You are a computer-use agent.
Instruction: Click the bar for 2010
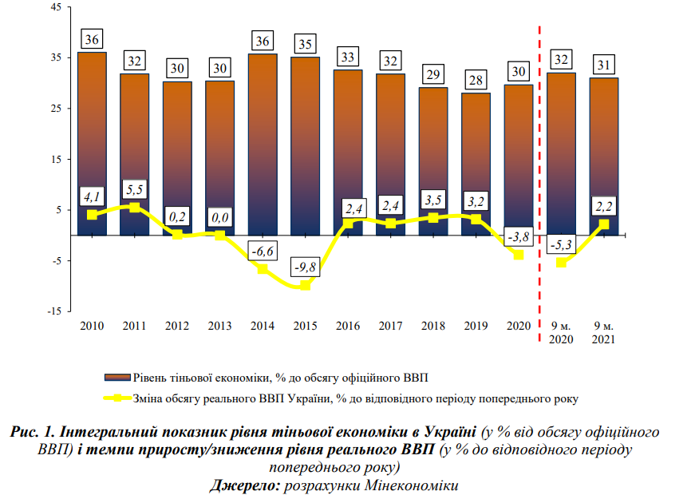pos(93,144)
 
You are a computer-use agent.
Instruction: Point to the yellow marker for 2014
pos(263,269)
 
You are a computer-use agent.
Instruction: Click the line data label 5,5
pos(135,189)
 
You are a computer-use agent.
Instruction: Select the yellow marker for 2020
pos(519,255)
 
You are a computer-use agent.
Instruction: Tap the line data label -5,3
pos(561,244)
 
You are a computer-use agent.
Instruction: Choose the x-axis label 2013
pos(219,326)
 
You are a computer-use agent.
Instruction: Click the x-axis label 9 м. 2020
pos(561,332)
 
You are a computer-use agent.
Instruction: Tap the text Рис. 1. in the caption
pos(34,432)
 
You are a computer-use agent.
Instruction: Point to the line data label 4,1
pos(93,196)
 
